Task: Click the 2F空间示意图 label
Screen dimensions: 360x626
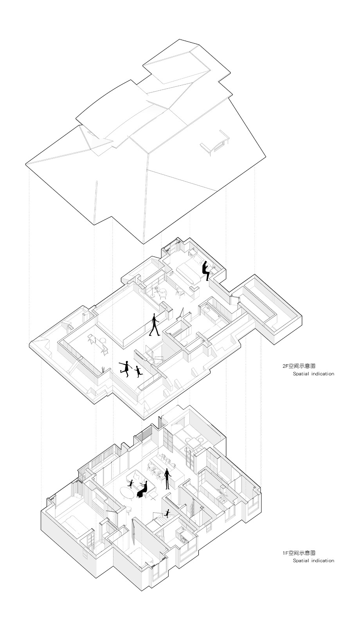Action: point(299,366)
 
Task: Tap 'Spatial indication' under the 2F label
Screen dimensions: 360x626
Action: point(313,374)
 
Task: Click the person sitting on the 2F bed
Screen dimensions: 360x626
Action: point(206,270)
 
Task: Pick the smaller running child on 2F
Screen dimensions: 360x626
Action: point(138,371)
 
